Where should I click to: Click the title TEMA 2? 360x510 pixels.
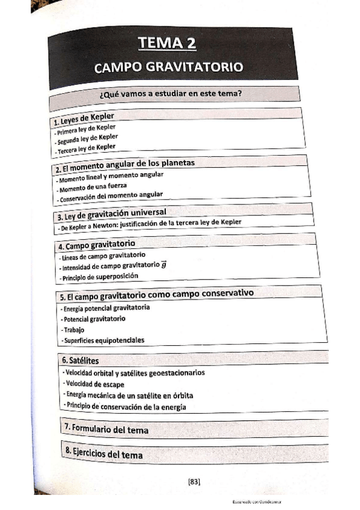(167, 43)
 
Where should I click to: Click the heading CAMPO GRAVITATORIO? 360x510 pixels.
(168, 67)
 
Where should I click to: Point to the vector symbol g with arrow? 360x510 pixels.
(163, 264)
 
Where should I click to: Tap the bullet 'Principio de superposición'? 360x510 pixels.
(100, 277)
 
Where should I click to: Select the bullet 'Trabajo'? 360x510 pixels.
(74, 330)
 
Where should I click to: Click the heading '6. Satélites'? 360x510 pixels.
(80, 360)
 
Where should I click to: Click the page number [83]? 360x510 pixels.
(194, 481)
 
